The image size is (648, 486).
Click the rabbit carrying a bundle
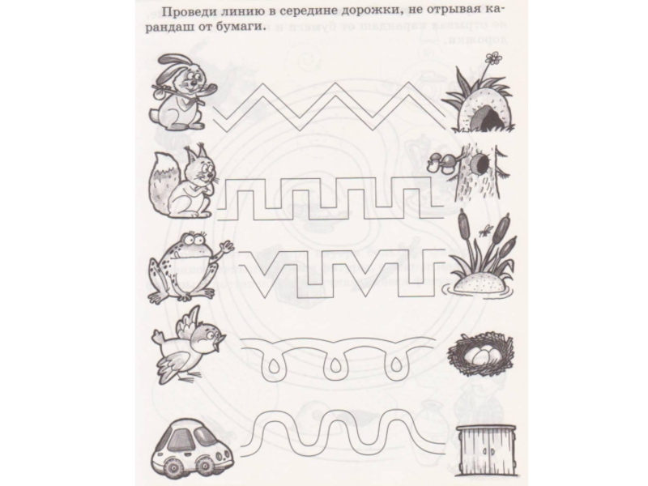(x=180, y=92)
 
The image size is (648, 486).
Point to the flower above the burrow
(x=492, y=58)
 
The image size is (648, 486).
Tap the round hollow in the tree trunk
(x=481, y=164)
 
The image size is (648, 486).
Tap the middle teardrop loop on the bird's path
(x=334, y=367)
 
